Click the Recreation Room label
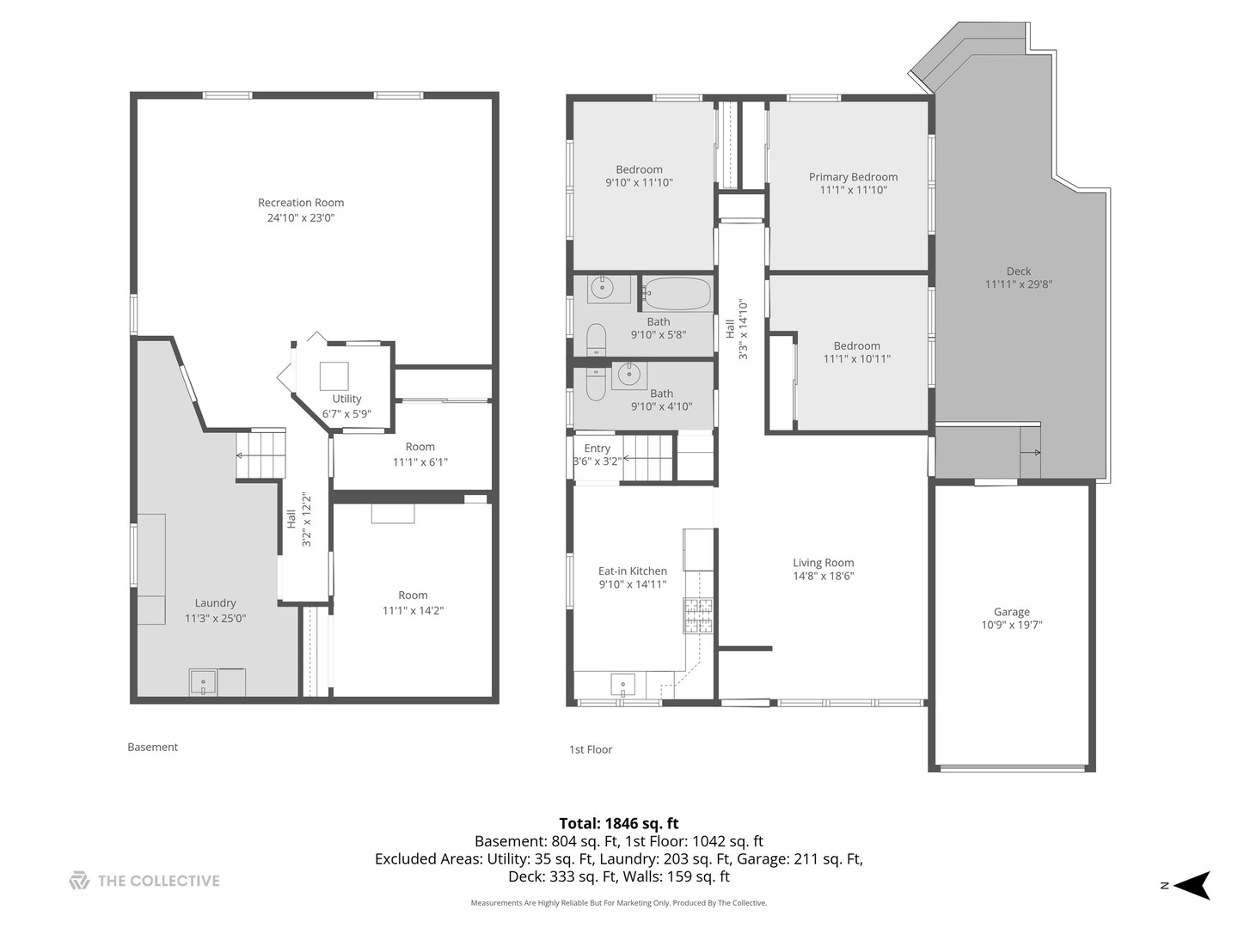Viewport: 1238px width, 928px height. (x=301, y=203)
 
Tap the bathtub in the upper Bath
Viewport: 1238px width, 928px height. (x=677, y=294)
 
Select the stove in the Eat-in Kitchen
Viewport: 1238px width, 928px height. (x=698, y=616)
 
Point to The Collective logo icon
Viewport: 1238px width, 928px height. (x=79, y=881)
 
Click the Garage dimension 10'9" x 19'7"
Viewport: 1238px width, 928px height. (x=1011, y=626)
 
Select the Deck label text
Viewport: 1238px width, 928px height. (x=1018, y=272)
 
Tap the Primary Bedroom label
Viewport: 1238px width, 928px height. (x=853, y=177)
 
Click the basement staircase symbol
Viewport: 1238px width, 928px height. (x=260, y=454)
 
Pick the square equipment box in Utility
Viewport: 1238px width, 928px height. (x=334, y=376)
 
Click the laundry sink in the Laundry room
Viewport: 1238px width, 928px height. (x=204, y=682)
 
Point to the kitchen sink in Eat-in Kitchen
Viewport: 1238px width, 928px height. (x=623, y=685)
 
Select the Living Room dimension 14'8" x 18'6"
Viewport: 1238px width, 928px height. (x=823, y=577)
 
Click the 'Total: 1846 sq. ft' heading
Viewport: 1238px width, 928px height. (x=619, y=823)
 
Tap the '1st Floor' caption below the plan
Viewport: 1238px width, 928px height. (x=591, y=749)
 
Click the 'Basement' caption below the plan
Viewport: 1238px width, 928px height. (x=152, y=747)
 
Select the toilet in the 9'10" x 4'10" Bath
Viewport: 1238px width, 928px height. (x=595, y=383)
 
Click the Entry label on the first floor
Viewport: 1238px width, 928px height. (x=597, y=449)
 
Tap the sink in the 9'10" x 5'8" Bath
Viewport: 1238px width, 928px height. (x=608, y=288)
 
